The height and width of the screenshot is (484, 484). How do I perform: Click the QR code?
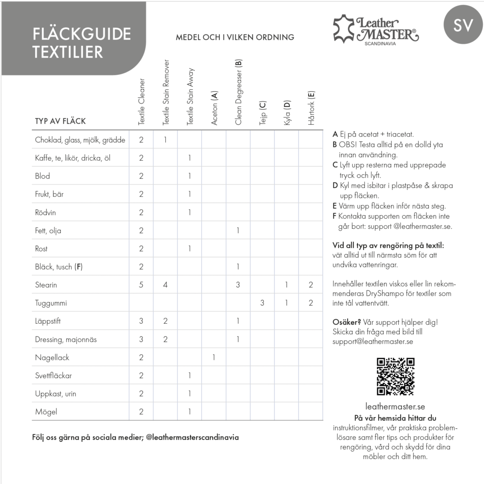tap(395, 377)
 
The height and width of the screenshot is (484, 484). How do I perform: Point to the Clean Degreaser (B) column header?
tap(238, 93)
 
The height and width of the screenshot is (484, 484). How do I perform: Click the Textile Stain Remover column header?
tap(166, 93)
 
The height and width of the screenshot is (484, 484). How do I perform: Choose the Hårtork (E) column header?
tap(311, 108)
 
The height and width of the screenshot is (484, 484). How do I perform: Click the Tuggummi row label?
tap(51, 303)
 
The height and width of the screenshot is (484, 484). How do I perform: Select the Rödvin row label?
tap(45, 213)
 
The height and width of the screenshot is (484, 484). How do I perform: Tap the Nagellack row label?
tap(52, 357)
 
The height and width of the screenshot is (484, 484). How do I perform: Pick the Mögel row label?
tap(46, 412)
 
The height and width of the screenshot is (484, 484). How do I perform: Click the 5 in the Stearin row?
tap(141, 285)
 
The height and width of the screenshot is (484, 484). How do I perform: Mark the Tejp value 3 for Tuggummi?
tap(262, 303)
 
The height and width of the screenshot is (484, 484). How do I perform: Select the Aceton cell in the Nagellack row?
tap(214, 357)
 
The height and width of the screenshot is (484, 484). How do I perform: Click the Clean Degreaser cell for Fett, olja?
tap(238, 231)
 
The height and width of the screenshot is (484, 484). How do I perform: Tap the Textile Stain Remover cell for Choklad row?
tap(165, 140)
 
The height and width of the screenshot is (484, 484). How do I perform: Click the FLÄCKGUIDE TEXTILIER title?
tap(81, 43)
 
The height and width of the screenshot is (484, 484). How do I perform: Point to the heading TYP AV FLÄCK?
tap(60, 121)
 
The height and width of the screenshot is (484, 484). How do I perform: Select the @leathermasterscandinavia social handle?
tap(192, 437)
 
